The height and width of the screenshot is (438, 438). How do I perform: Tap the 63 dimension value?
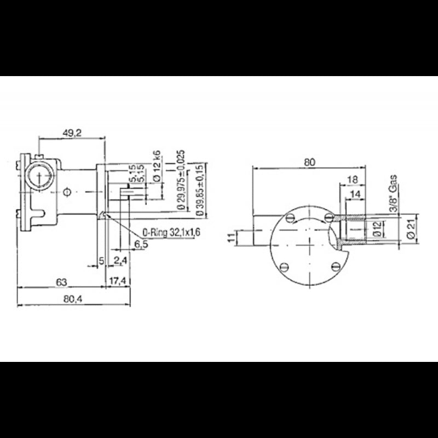(x=61, y=282)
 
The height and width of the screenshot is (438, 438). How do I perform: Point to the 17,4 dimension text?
(x=118, y=282)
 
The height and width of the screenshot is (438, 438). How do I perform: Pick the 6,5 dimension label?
(x=141, y=244)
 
